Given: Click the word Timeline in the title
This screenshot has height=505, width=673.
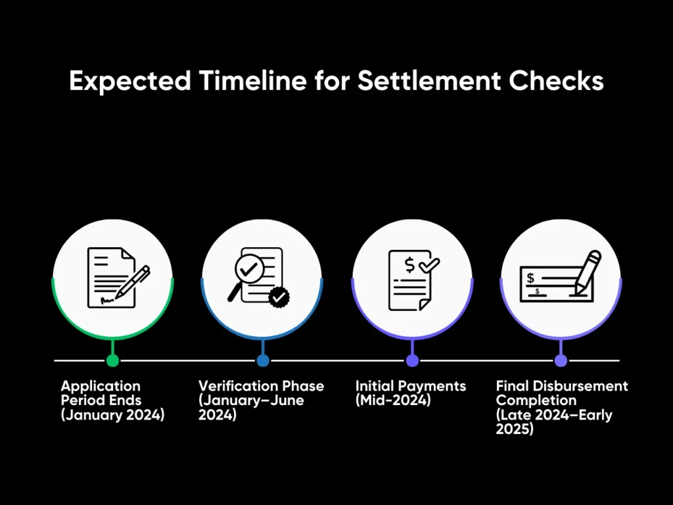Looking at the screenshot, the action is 253,80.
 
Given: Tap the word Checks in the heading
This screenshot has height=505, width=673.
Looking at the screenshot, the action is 556,80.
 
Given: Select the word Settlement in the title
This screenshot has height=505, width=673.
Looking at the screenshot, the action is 429,80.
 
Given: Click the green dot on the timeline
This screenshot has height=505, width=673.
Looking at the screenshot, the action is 112,360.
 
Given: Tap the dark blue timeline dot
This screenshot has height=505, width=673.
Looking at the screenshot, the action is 263,360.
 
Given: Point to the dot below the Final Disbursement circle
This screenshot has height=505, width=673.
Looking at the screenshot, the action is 561,360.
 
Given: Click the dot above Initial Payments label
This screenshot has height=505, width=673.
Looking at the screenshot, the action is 412,360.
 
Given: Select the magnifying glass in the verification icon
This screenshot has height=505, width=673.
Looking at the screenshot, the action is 244,276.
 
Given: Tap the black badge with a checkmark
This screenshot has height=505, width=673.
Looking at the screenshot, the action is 279,297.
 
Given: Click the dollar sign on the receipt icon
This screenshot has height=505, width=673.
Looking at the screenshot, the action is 410,265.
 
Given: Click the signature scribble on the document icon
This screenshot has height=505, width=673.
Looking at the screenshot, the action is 107,300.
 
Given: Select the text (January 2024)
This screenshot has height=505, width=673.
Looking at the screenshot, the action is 112,415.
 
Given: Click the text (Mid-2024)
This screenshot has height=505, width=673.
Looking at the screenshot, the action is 393,400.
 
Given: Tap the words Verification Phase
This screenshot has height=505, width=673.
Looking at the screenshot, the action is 261,385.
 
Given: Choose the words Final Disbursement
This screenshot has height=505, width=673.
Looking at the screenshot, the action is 562,385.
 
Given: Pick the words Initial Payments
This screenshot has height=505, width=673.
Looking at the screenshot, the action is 411,386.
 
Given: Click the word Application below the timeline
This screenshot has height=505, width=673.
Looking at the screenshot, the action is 101,386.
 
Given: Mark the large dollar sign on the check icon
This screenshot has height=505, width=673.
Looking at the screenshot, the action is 530,278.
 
